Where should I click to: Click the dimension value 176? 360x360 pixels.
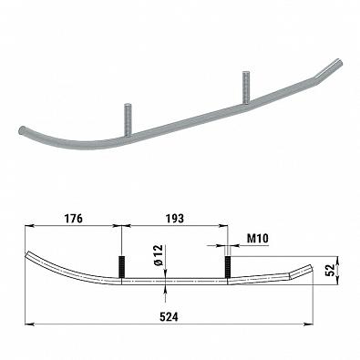click(x=73, y=219)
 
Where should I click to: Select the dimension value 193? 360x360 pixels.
click(x=175, y=219)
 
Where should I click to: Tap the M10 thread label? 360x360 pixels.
click(x=257, y=239)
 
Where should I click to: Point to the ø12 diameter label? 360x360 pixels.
click(x=159, y=255)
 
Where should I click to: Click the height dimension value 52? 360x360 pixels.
click(x=330, y=270)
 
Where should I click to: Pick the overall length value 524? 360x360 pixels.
click(x=169, y=317)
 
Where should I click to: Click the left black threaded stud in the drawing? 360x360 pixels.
click(x=121, y=267)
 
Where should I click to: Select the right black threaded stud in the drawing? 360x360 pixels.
click(x=227, y=267)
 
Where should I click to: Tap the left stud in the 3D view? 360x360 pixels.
click(x=128, y=119)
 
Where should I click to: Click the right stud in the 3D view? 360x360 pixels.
click(x=246, y=87)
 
